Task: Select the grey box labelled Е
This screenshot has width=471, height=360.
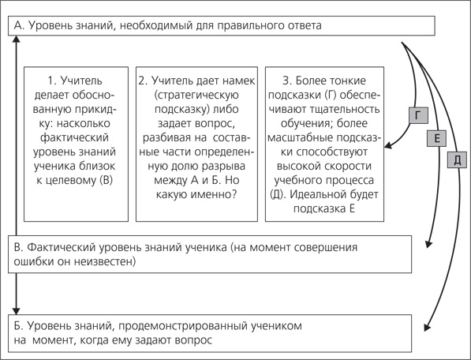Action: (x=437, y=137)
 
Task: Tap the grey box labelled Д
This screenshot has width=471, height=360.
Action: (x=456, y=160)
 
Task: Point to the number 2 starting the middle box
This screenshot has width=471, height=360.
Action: (x=142, y=80)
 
